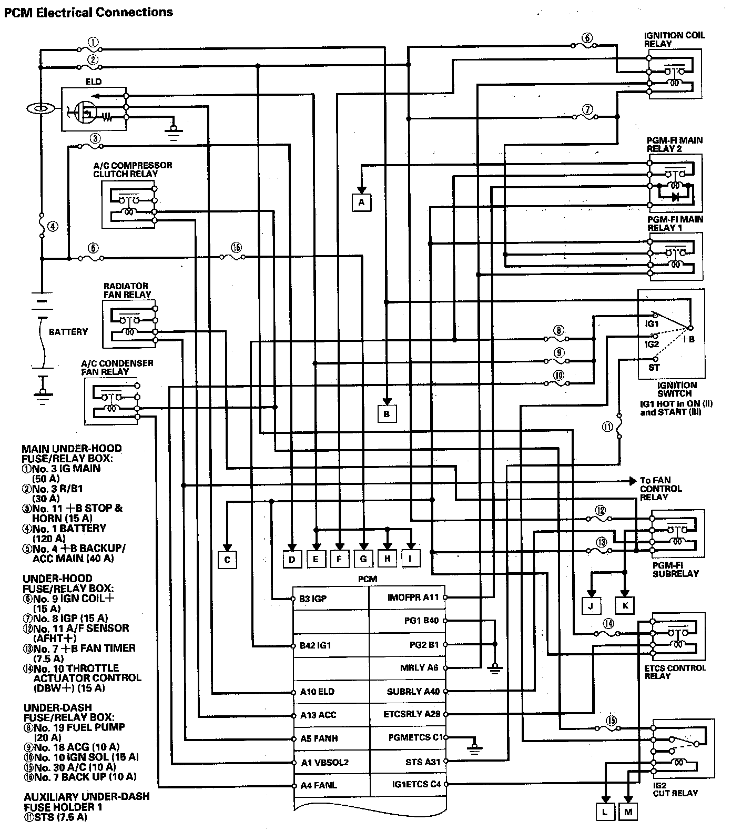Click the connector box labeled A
361,202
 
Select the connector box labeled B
387,414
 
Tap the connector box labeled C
227,559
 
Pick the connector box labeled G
363,559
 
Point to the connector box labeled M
628,812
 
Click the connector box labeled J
591,605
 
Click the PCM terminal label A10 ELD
317,692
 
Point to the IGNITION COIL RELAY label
674,39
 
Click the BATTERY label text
68,332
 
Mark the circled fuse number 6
587,37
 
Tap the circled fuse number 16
236,247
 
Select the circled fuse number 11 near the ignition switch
608,428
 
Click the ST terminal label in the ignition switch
654,367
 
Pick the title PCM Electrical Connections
88,12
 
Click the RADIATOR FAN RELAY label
127,290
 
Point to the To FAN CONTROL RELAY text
660,489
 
